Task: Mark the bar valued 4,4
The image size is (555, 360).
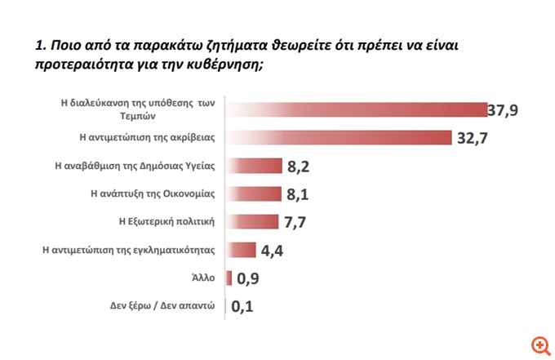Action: tap(241, 250)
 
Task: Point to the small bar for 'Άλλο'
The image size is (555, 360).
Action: tap(229, 278)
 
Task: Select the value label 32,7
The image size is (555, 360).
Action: tap(474, 138)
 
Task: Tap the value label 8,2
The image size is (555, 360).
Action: tap(299, 168)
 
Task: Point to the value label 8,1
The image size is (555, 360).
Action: tap(298, 195)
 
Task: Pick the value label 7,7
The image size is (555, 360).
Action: tap(295, 222)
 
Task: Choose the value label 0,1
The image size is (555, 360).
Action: tap(243, 308)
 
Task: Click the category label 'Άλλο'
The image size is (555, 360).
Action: tap(202, 278)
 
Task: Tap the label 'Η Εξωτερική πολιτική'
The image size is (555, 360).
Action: tap(166, 221)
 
